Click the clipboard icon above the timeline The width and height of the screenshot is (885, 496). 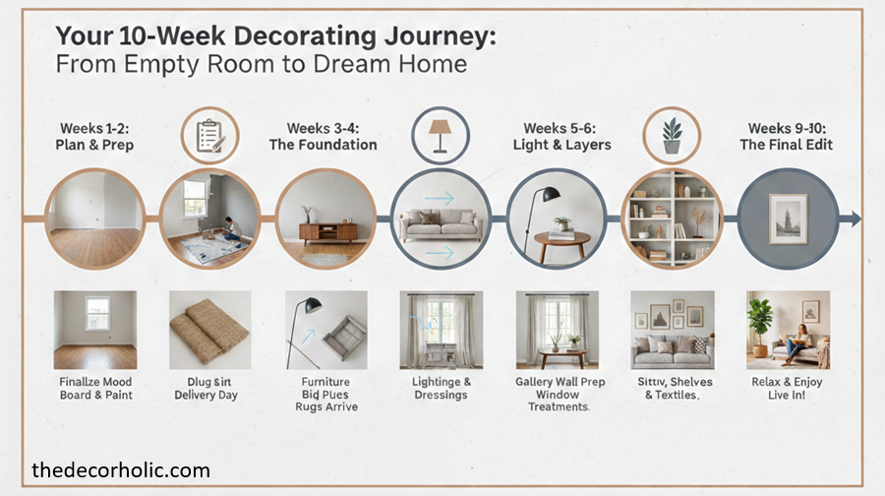click(208, 136)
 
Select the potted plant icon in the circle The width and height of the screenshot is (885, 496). click(672, 135)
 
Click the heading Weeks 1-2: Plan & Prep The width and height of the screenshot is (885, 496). click(95, 137)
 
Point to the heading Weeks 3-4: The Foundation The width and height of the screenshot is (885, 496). click(323, 137)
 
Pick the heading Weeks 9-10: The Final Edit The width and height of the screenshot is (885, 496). click(786, 137)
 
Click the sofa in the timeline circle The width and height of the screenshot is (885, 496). click(441, 222)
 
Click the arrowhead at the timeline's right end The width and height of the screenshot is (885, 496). click(855, 218)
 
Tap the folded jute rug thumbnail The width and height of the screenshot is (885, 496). click(209, 327)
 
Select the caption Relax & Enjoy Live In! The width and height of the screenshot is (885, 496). click(787, 388)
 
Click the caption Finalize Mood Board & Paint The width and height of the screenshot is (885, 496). click(95, 388)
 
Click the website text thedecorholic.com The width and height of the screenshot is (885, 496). click(121, 469)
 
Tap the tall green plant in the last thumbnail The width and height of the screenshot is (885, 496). click(760, 322)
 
